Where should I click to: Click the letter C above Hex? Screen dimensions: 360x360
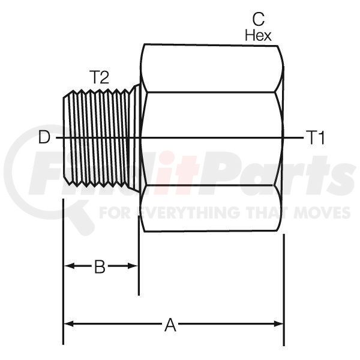(258, 19)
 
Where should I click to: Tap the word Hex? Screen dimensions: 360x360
(258, 35)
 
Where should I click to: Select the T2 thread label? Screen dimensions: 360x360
(99, 77)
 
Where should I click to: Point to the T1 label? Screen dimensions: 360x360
(317, 138)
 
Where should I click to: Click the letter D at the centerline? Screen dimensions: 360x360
(44, 138)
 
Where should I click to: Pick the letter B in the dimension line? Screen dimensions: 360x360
(100, 266)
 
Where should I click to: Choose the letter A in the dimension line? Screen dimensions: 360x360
(170, 325)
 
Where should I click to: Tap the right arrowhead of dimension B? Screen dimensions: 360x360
(132, 266)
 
